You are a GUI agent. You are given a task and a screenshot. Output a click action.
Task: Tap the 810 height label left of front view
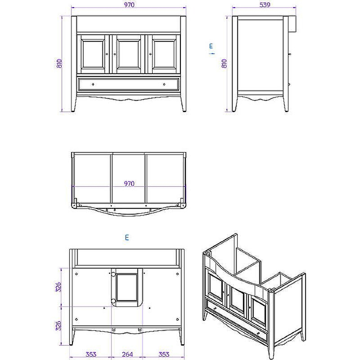click(x=59, y=63)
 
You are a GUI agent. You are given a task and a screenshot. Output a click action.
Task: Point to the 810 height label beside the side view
click(x=224, y=63)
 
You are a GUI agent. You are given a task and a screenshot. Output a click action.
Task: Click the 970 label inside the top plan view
click(x=129, y=184)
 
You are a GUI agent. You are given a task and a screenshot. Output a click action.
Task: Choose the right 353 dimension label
click(x=164, y=354)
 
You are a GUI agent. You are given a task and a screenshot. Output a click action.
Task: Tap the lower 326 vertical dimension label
click(x=58, y=326)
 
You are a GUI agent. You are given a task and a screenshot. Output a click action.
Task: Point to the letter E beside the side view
click(x=211, y=45)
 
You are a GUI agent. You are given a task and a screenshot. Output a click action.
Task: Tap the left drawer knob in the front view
click(x=93, y=84)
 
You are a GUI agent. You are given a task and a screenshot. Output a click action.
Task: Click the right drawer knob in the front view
click(x=164, y=84)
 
